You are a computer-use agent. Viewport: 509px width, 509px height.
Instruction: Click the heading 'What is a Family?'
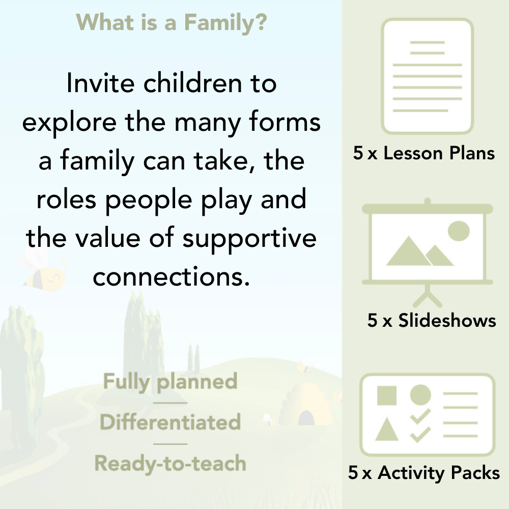(171, 22)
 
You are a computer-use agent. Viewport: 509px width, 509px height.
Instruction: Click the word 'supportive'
(249, 238)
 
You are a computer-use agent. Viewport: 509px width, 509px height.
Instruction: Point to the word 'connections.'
(173, 277)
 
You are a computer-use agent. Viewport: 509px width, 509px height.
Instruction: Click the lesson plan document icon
(428, 76)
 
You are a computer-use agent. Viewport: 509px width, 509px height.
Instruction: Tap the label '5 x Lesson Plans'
(424, 153)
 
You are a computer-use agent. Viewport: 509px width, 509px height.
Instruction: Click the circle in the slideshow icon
(459, 230)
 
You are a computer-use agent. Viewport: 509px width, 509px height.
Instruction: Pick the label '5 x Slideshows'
(431, 320)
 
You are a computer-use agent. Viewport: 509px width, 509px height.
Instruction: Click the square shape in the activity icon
(386, 395)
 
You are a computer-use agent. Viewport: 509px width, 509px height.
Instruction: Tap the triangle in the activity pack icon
(386, 429)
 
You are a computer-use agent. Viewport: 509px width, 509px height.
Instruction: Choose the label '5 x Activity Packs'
(424, 473)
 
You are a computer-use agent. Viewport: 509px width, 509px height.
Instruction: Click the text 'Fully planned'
(170, 381)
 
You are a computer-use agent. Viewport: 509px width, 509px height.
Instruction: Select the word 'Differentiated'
(170, 422)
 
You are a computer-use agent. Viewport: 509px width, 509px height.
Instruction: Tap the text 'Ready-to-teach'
(170, 463)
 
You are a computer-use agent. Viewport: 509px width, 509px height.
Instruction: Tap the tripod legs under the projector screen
(428, 295)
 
